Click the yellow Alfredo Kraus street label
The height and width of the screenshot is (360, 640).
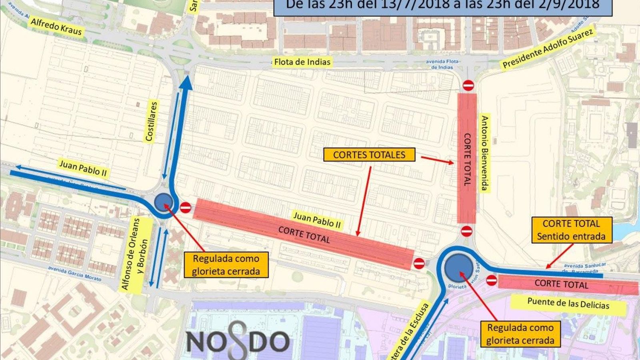pyautogui.click(x=56, y=26)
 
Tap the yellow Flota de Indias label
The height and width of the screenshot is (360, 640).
pyautogui.click(x=302, y=62)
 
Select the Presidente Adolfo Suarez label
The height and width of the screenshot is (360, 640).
pyautogui.click(x=548, y=48)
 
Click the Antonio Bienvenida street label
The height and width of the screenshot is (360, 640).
pyautogui.click(x=485, y=153)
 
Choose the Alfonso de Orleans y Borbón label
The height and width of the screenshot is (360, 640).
pyautogui.click(x=136, y=254)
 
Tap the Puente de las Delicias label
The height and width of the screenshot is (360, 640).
pyautogui.click(x=568, y=304)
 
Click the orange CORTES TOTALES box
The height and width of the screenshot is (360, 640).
pyautogui.click(x=369, y=155)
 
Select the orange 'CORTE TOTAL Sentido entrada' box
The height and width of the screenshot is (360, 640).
pyautogui.click(x=571, y=230)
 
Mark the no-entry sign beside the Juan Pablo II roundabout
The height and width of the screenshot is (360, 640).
pyautogui.click(x=185, y=207)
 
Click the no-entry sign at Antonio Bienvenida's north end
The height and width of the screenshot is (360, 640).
pyautogui.click(x=468, y=85)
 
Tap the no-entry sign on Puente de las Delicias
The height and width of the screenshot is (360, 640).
pyautogui.click(x=492, y=280)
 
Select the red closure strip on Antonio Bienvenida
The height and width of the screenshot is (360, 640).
pyautogui.click(x=466, y=158)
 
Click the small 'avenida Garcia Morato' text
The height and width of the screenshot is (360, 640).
pyautogui.click(x=74, y=273)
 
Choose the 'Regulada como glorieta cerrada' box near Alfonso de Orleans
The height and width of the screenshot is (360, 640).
pyautogui.click(x=226, y=265)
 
